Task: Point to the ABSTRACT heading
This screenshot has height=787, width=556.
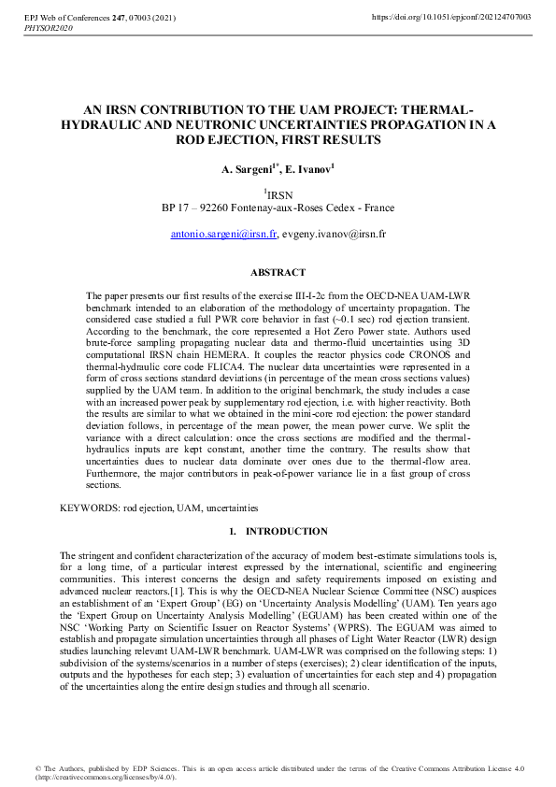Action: coord(278,273)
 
